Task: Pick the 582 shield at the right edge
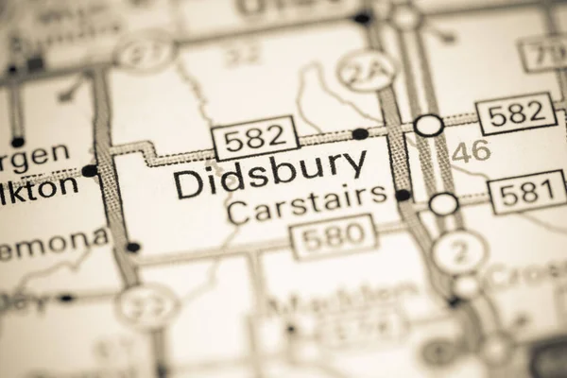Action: pos(516,113)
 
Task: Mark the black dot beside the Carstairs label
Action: pos(404,195)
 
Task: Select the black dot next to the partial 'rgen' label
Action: pos(89,171)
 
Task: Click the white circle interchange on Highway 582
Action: pos(429,125)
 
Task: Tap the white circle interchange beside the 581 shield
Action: pos(443,203)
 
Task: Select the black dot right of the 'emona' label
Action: pos(133,248)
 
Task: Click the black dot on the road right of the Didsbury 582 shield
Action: pos(360,133)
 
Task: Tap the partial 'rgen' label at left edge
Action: pos(35,151)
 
